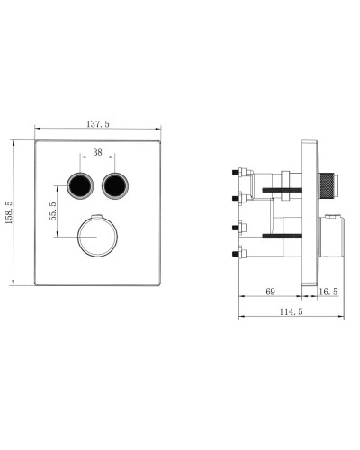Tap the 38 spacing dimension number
pyautogui.click(x=98, y=153)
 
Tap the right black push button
pyautogui.click(x=115, y=187)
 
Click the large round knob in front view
pyautogui.click(x=97, y=238)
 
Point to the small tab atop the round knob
pyautogui.click(x=97, y=216)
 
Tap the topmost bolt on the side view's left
pyautogui.click(x=238, y=170)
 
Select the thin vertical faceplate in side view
pyautogui.click(x=310, y=215)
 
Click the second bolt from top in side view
pyautogui.click(x=238, y=196)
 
